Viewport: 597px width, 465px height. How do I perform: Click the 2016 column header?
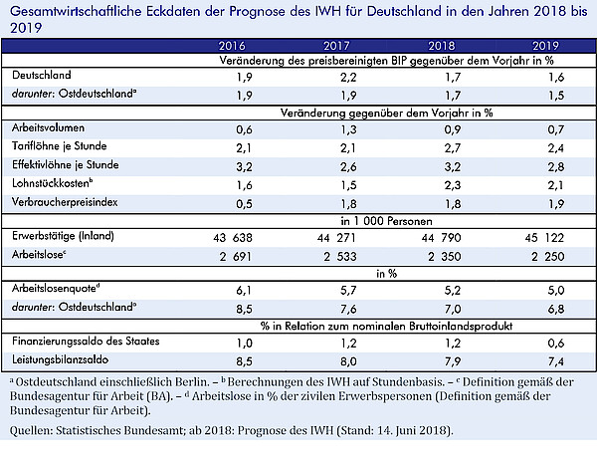232,46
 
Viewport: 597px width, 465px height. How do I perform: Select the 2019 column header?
545,46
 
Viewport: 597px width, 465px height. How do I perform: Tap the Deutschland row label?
42,75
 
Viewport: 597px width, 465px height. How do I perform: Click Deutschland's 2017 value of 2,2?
348,78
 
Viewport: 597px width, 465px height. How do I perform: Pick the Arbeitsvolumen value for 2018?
453,129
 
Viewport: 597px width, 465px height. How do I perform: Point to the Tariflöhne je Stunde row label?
59,146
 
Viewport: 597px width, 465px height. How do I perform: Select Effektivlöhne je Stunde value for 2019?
556,167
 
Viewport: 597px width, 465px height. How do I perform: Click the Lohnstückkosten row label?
52,183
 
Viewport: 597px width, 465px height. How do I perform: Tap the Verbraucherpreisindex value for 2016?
244,204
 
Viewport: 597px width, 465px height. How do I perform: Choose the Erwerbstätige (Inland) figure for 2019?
544,238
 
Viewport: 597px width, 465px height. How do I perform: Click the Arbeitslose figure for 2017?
340,257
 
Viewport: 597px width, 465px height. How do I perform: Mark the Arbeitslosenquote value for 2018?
453,291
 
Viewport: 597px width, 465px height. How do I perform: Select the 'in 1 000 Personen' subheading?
386,221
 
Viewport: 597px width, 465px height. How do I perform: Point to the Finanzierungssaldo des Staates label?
86,341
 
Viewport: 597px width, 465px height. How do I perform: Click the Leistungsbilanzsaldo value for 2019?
556,361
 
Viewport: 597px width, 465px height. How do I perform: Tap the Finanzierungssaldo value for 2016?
244,344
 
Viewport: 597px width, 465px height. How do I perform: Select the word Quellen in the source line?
32,431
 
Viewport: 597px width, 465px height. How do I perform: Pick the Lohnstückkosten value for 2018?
453,185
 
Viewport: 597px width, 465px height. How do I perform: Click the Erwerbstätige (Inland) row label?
63,236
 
